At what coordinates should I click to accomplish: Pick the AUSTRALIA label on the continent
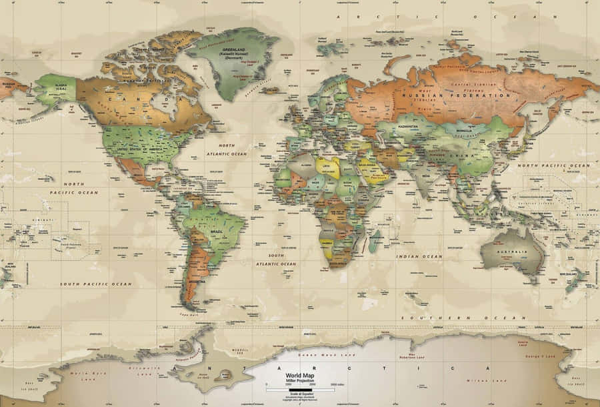[x=513, y=252]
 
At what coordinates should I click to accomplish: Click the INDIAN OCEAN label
[x=419, y=256]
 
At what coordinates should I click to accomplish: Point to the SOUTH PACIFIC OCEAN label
[x=96, y=284]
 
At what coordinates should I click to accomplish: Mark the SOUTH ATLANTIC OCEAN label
[x=281, y=260]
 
